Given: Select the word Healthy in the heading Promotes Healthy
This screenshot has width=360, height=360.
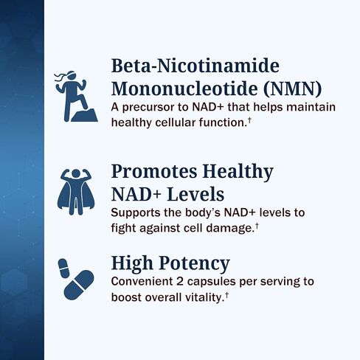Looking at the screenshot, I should [x=236, y=172].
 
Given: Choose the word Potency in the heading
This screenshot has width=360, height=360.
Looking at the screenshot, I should [x=195, y=263].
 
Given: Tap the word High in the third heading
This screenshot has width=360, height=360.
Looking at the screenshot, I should [x=133, y=263].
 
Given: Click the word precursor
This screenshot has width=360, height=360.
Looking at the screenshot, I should [x=148, y=108].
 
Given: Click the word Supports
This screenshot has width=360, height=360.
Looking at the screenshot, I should [x=136, y=213].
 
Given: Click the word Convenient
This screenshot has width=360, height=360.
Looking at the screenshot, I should [x=142, y=283].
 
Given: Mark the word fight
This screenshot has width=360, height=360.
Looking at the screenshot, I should [x=122, y=229].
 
